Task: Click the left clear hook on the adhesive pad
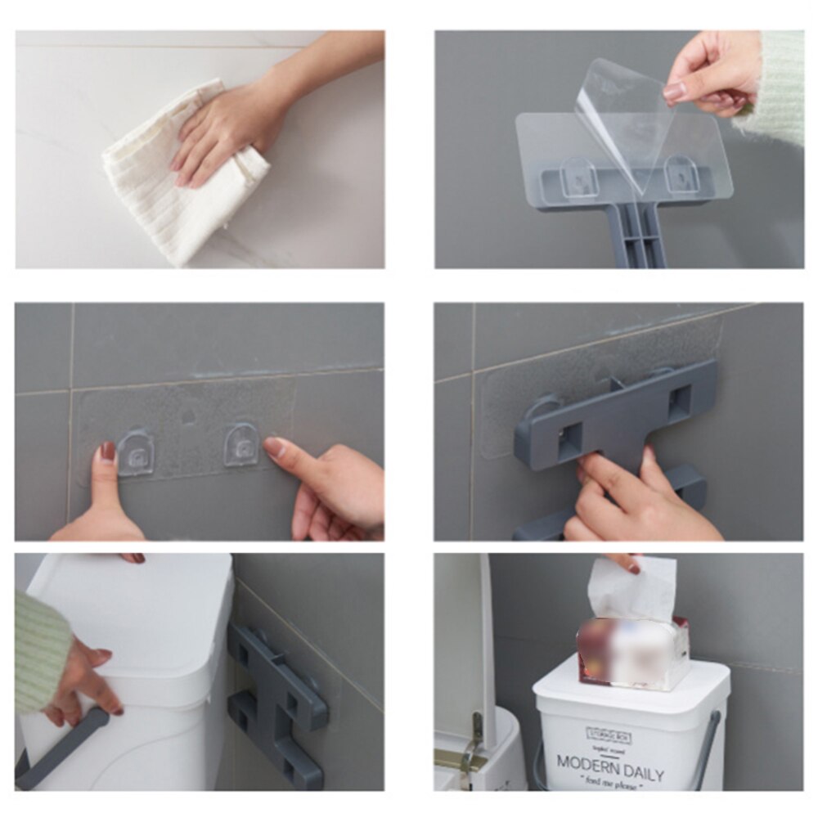tap(135, 452)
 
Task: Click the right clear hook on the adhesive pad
tap(241, 444)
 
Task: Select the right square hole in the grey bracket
tap(679, 402)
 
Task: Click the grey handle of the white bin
tap(61, 748)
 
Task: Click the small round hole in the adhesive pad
tap(188, 416)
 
